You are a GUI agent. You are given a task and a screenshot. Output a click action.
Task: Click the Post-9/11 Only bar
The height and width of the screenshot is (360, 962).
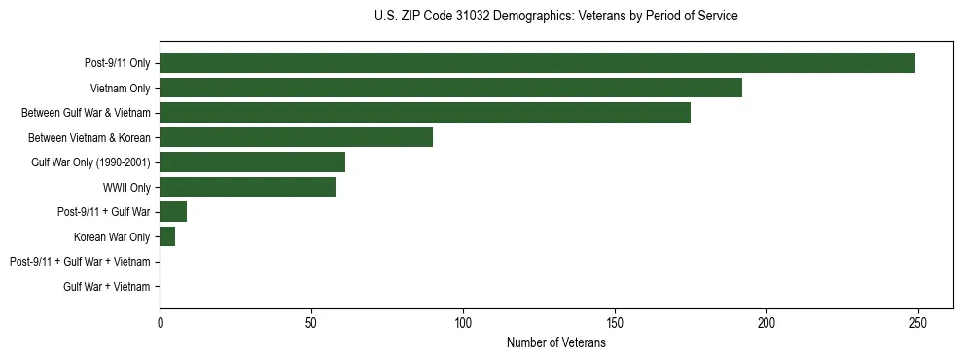click(537, 63)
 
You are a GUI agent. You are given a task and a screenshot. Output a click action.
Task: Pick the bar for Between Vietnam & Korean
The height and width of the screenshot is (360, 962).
click(296, 137)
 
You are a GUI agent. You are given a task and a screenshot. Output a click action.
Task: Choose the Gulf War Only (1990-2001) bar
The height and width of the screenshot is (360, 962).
click(252, 162)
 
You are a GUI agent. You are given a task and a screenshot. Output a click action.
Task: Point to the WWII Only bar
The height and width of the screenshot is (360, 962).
click(247, 187)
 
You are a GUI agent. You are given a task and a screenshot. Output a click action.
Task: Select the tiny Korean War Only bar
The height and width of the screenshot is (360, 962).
click(167, 236)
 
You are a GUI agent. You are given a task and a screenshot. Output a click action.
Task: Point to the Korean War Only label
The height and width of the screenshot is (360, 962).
click(112, 236)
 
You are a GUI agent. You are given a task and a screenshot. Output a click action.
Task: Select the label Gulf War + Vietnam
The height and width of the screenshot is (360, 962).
click(107, 287)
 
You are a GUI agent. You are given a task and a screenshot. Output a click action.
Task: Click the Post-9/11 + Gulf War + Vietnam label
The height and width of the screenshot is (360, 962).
click(80, 262)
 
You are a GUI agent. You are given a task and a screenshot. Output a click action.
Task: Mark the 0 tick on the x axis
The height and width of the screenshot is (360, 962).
click(160, 322)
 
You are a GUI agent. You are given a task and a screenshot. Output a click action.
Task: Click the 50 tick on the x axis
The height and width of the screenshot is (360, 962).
click(311, 322)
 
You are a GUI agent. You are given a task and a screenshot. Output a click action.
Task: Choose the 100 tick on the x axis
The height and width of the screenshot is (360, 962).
click(463, 322)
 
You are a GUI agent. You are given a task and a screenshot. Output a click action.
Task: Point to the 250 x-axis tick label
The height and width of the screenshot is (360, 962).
click(917, 322)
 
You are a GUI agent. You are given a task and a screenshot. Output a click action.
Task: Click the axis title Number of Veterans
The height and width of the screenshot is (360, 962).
click(555, 342)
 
